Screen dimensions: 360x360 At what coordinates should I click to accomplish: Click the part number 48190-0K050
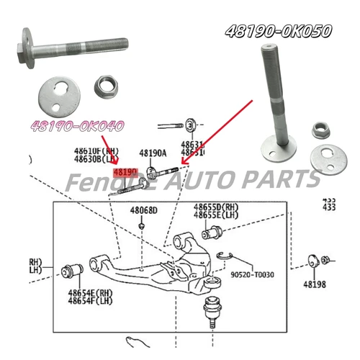(x=278, y=31)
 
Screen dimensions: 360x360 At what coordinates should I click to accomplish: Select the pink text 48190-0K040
(x=76, y=126)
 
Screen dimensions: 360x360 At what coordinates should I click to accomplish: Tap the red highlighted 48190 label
(x=127, y=172)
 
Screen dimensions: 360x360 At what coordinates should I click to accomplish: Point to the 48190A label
(x=153, y=153)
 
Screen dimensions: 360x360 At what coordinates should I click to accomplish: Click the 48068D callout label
(x=143, y=210)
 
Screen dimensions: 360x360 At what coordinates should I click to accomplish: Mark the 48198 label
(x=314, y=284)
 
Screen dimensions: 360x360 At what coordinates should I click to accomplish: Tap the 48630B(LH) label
(x=95, y=158)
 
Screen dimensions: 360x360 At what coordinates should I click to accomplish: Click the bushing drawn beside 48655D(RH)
(x=212, y=234)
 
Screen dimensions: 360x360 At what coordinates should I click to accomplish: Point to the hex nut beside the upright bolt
(x=320, y=130)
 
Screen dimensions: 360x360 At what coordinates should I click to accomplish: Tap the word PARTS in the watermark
(x=282, y=179)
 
